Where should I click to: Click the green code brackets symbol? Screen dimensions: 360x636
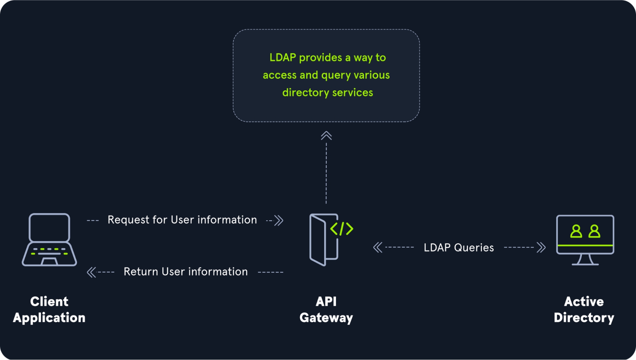click(x=342, y=229)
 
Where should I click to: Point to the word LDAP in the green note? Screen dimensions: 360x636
click(x=283, y=58)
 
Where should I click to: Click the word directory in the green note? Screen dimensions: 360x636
click(x=305, y=93)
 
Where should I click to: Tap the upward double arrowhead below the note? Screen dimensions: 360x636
click(x=326, y=136)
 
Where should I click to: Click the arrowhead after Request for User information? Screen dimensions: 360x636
click(x=279, y=220)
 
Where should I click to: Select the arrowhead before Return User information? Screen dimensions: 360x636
click(x=91, y=272)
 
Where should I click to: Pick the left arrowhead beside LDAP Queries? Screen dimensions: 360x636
click(x=378, y=247)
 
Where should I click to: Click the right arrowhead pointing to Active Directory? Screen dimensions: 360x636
click(x=541, y=247)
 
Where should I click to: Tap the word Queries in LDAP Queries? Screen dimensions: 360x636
click(x=474, y=248)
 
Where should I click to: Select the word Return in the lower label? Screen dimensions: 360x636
click(x=141, y=272)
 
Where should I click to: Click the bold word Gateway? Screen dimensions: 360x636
click(x=326, y=318)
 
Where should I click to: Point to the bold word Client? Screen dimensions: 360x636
click(x=49, y=301)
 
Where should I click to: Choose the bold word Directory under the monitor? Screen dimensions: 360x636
click(x=584, y=318)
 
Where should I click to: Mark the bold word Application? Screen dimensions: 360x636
click(x=49, y=318)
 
